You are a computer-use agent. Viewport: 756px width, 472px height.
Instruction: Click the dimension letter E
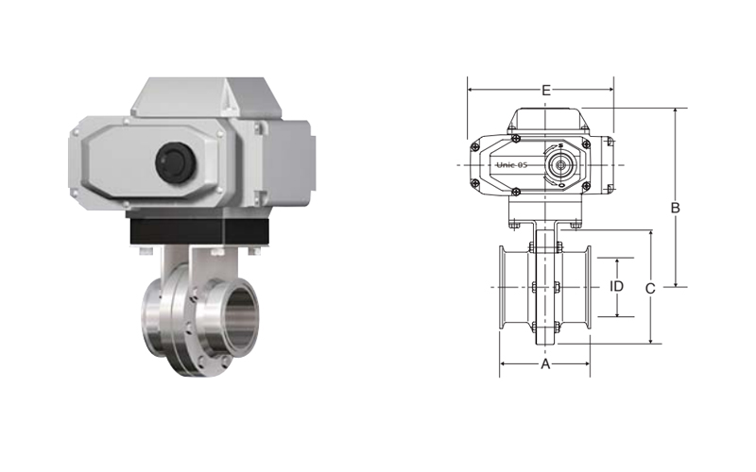(546, 90)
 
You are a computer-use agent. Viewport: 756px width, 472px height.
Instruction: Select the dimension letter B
(676, 208)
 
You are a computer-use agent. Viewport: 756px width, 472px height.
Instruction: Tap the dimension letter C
(650, 289)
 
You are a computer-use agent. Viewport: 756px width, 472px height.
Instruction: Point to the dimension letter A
(545, 364)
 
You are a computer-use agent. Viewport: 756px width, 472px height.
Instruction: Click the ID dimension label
(617, 287)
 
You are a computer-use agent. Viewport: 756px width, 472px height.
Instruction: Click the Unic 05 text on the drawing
(512, 165)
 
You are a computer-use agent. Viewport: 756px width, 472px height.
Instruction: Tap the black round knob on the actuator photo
(175, 162)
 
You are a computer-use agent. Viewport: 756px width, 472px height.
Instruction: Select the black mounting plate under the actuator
(198, 232)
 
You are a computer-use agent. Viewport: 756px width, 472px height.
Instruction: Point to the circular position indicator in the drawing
(560, 165)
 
